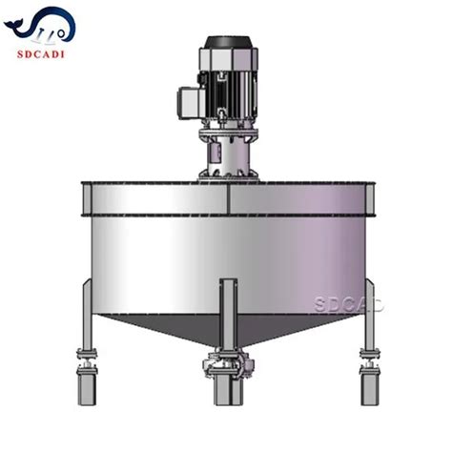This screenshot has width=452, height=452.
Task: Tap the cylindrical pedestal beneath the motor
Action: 227,153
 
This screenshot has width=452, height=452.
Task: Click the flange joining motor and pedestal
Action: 227,133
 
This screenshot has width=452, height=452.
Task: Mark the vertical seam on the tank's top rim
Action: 229,199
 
